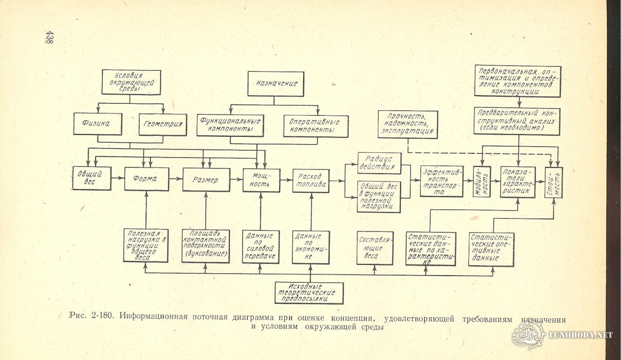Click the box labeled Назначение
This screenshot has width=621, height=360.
tap(276, 84)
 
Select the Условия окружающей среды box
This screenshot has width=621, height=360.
tap(131, 82)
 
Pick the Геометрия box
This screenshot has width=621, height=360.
tap(163, 125)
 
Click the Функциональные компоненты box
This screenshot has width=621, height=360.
tap(230, 125)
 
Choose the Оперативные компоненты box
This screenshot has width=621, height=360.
tap(315, 126)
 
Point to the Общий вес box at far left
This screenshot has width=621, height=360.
tap(92, 178)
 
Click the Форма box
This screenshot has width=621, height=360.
tap(147, 179)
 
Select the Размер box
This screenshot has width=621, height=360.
tap(206, 180)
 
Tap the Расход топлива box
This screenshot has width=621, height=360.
tap(311, 180)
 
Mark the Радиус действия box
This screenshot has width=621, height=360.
tap(379, 163)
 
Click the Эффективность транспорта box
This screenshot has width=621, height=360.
tap(441, 181)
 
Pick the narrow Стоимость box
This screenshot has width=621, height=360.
tap(554, 182)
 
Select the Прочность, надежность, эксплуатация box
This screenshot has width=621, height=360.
tap(408, 125)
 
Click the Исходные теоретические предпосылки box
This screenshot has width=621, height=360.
tap(309, 293)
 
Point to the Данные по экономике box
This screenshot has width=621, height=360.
tap(311, 247)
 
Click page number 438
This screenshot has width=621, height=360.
tap(49, 37)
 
